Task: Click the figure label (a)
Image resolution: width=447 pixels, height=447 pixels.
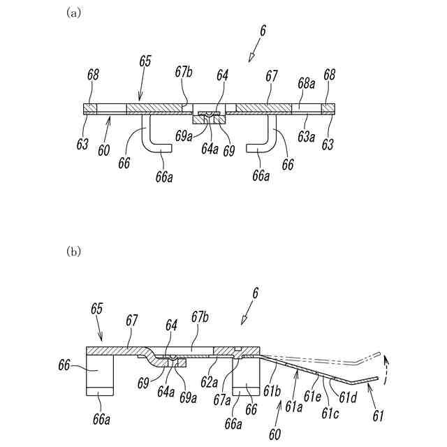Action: tap(73, 13)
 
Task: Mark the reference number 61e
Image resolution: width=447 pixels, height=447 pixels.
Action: tap(312, 395)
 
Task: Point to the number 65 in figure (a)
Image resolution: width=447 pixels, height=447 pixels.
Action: tap(145, 62)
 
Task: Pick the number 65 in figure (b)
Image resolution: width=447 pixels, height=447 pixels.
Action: tap(97, 307)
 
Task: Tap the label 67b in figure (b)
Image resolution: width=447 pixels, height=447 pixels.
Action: tap(200, 318)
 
